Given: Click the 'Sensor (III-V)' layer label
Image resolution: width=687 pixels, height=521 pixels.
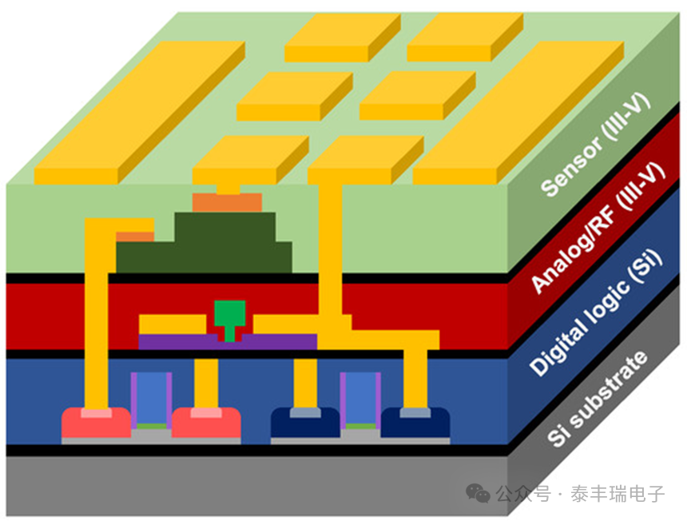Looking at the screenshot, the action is click(595, 145).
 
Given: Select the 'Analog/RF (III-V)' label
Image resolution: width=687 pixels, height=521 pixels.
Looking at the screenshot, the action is click(598, 227).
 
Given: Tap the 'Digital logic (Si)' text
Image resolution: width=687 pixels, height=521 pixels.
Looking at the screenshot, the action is click(596, 312).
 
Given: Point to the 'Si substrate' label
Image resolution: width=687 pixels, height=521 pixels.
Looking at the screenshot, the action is click(598, 398).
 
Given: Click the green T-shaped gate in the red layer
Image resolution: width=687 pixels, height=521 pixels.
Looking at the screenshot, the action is click(229, 319).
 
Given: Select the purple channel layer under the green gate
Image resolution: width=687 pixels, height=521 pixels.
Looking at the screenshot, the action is click(228, 342).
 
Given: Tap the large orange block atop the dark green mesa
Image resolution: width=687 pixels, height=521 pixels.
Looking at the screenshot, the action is click(227, 202).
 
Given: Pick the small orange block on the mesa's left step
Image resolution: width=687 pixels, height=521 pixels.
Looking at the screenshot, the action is click(135, 237).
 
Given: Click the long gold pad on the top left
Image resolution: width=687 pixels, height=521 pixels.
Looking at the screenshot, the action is click(139, 112).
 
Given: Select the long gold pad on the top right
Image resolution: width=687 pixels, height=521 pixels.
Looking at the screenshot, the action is click(518, 112).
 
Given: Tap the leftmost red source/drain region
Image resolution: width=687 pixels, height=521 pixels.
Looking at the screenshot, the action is click(97, 423).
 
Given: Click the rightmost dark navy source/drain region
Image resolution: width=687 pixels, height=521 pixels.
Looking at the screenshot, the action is click(415, 423).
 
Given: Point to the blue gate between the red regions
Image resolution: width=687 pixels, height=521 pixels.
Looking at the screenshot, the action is click(151, 398).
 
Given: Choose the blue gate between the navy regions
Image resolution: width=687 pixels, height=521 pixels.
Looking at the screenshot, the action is click(360, 398).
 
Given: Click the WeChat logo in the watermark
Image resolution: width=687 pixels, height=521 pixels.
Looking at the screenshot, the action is click(478, 493).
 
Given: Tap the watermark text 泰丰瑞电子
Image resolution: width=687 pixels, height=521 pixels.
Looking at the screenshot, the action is click(618, 494).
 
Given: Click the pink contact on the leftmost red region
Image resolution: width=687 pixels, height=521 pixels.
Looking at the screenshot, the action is click(97, 413).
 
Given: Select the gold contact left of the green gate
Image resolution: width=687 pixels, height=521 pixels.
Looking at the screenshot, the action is click(173, 324).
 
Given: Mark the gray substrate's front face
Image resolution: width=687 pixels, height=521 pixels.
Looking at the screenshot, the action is click(256, 486).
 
